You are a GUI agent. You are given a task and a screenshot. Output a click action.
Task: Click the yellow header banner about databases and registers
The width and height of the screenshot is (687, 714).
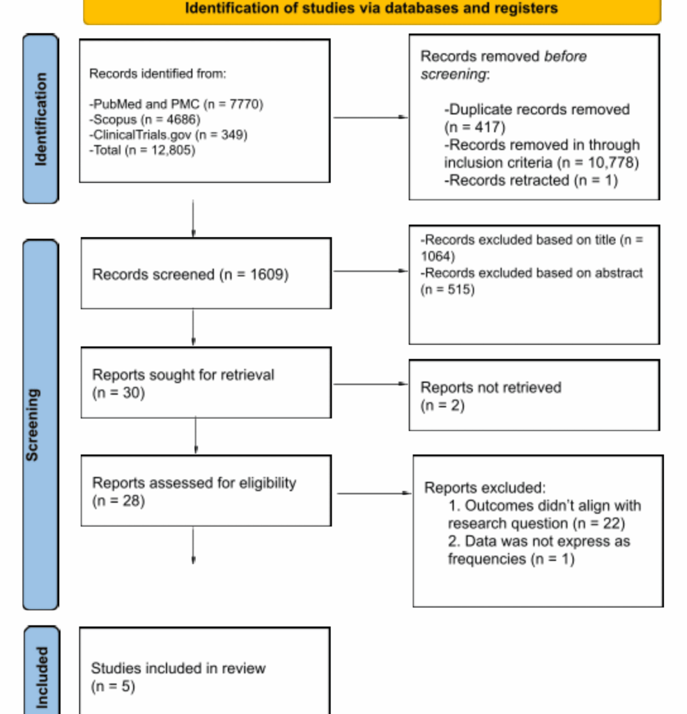pos(371,10)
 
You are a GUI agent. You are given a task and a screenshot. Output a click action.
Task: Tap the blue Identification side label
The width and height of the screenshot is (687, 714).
pos(40,119)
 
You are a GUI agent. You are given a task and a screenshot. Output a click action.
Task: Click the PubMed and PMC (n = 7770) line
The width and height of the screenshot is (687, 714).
pos(177,105)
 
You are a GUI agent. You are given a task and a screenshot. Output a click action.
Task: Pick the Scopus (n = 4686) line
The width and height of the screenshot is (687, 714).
pos(145,119)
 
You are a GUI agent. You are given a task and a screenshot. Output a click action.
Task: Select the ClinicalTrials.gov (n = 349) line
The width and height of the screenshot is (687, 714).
pos(169,135)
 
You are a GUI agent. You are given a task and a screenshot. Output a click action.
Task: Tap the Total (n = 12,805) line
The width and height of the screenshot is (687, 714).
pos(143,150)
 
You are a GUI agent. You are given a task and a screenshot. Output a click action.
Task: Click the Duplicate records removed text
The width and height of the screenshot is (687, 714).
pos(537,109)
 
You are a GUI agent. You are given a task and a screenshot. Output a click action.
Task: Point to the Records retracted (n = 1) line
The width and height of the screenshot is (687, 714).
pos(531,181)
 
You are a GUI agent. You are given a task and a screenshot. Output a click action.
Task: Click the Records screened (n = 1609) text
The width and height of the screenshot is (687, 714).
pos(190,275)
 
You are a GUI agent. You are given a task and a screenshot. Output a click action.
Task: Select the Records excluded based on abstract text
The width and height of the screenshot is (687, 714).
pos(532,273)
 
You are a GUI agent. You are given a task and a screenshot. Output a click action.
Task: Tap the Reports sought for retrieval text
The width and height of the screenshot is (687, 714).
pos(183,375)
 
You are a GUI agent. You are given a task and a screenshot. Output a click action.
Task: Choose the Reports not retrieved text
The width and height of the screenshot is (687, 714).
pos(491,388)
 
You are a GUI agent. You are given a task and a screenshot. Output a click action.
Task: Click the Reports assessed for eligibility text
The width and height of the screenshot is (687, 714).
pos(194,483)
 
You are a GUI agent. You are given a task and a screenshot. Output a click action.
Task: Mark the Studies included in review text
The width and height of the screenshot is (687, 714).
pos(178,668)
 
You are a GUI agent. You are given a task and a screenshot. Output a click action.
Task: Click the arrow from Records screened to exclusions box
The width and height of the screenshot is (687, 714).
pos(370,271)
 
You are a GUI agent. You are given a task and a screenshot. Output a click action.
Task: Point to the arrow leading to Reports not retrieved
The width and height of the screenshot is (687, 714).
pos(370,384)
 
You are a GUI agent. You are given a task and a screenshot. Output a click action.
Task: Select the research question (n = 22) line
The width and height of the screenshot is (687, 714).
pos(536,524)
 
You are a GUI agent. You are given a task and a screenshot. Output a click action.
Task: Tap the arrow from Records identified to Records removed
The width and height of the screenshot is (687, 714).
pos(370,117)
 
